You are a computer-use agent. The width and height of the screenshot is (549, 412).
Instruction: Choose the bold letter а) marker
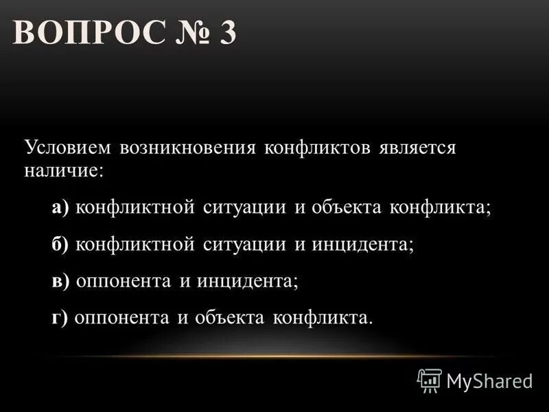pyautogui.click(x=60, y=208)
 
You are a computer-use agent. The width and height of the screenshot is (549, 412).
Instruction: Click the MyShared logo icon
pyautogui.click(x=430, y=379)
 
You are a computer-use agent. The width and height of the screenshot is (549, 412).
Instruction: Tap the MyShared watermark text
pyautogui.click(x=489, y=380)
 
